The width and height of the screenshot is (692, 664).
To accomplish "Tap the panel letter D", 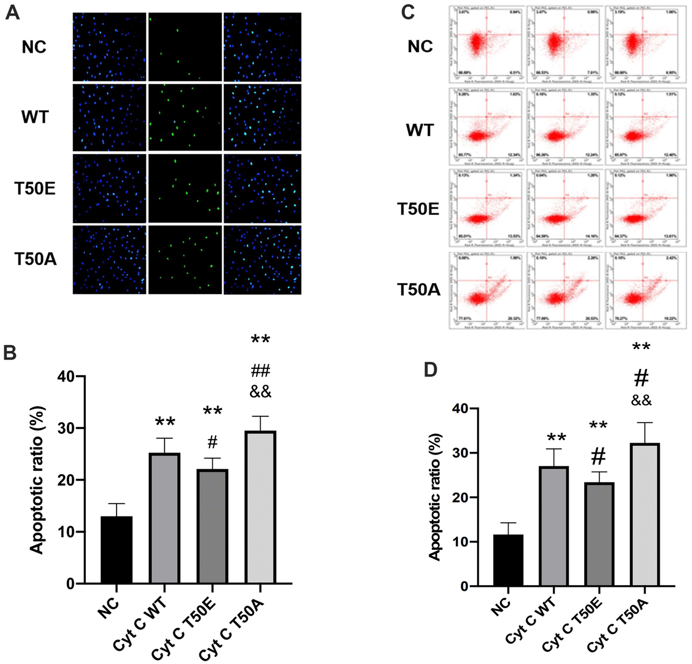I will (431, 369).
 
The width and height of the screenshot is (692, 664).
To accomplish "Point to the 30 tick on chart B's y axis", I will (68, 428).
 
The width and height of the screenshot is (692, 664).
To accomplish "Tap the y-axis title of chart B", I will (37, 480).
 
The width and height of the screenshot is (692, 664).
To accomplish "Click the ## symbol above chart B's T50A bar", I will (260, 370).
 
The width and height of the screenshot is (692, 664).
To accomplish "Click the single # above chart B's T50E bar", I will (212, 443).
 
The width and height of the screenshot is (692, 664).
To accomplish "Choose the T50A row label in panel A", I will (35, 259).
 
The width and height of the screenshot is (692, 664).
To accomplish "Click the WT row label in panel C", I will (420, 131).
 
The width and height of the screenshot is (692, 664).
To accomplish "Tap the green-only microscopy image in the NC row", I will (185, 47).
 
